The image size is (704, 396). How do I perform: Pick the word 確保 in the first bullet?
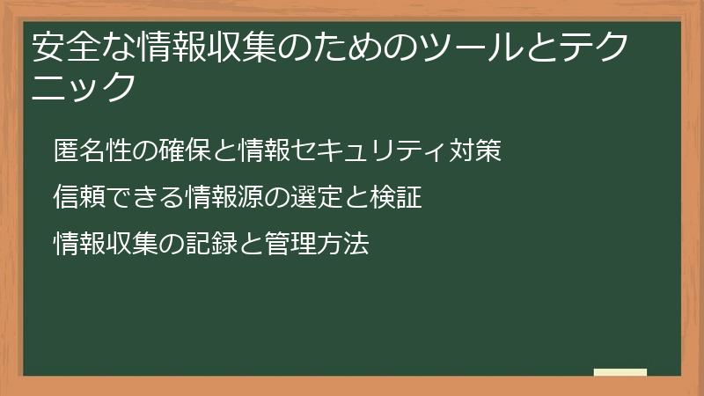click(195, 150)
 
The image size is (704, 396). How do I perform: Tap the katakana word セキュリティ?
click(363, 150)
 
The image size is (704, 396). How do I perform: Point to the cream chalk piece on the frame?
click(620, 372)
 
